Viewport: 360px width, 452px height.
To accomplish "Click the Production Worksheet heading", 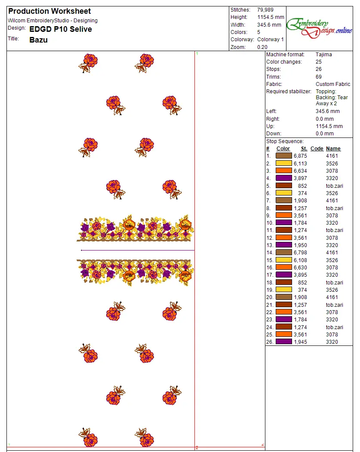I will [x=49, y=11].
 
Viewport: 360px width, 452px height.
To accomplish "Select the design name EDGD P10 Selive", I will [x=61, y=29].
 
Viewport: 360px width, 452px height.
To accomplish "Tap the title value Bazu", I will [x=38, y=40].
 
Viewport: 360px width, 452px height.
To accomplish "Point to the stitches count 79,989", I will [x=265, y=9].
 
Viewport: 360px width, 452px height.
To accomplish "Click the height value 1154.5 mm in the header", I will [x=271, y=17].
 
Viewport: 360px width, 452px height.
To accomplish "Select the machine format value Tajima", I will [x=323, y=55].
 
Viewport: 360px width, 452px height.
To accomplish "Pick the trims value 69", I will [x=319, y=77].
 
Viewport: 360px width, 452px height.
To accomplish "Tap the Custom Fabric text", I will [x=333, y=84].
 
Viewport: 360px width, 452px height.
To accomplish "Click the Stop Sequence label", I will [x=285, y=141].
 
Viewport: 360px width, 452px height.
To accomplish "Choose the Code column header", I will [x=317, y=149].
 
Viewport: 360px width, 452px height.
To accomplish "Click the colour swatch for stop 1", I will [x=284, y=156].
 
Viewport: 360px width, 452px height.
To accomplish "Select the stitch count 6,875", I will [x=300, y=156].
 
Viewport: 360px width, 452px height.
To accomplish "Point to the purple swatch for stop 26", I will [x=284, y=342].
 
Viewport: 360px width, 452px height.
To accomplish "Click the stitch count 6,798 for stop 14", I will [x=300, y=253].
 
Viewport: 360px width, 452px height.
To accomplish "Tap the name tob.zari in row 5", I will [x=335, y=186].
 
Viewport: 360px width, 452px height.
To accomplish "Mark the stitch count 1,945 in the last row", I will [x=300, y=342].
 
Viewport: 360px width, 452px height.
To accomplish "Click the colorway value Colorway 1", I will [x=271, y=40].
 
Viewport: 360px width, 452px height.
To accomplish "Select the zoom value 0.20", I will [x=262, y=47].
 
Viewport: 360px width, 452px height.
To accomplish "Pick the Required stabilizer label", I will [x=288, y=92].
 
